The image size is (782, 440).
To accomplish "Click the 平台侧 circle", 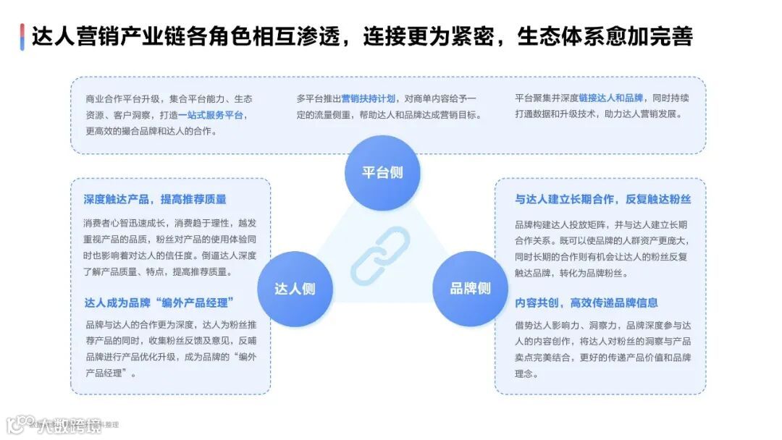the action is (382, 173).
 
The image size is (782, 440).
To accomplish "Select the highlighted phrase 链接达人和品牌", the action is (610, 98).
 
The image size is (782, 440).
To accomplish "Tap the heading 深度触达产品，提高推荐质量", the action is (155, 199).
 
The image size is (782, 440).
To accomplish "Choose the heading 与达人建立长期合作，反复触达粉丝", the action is (602, 199).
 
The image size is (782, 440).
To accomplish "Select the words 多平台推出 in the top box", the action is (319, 98).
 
